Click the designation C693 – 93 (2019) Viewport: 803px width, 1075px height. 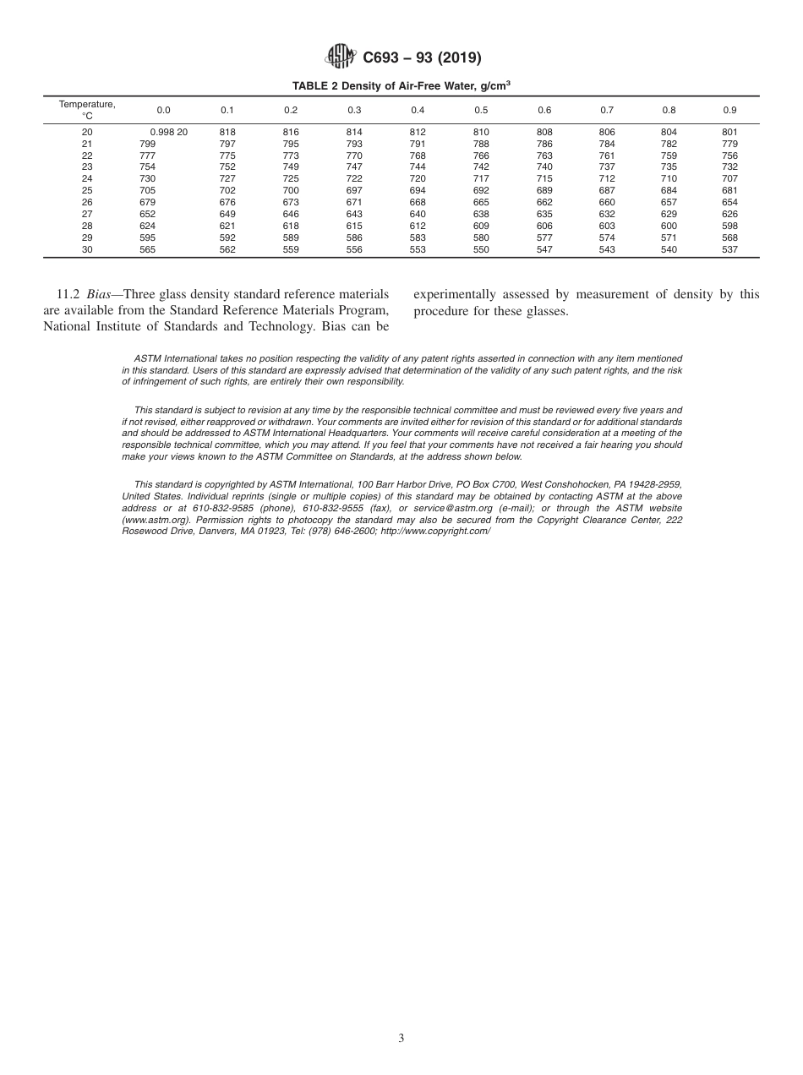(422, 58)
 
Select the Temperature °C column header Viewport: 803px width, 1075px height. (87, 110)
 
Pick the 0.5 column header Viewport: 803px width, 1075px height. (481, 110)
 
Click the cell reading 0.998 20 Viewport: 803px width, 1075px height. (169, 133)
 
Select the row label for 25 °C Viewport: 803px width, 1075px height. (87, 191)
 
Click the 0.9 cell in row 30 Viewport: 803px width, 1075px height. (729, 249)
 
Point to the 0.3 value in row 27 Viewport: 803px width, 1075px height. (354, 215)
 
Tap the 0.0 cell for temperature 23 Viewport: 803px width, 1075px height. (147, 167)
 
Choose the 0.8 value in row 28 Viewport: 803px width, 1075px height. (669, 226)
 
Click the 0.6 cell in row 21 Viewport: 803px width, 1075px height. (544, 145)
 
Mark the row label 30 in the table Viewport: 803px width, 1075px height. (87, 249)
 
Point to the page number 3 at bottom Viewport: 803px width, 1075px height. (401, 1039)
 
